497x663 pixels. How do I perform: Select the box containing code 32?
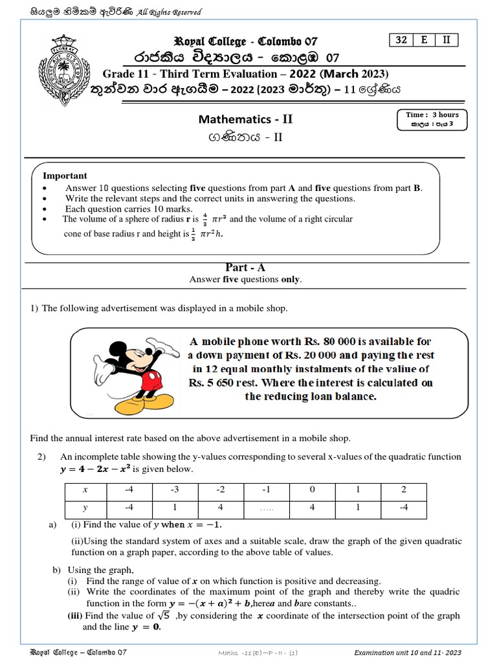401,39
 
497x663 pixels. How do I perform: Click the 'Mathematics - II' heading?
245,119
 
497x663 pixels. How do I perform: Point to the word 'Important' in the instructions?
65,175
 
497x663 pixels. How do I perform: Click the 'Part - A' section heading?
245,267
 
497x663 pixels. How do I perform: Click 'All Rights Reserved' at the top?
169,12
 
